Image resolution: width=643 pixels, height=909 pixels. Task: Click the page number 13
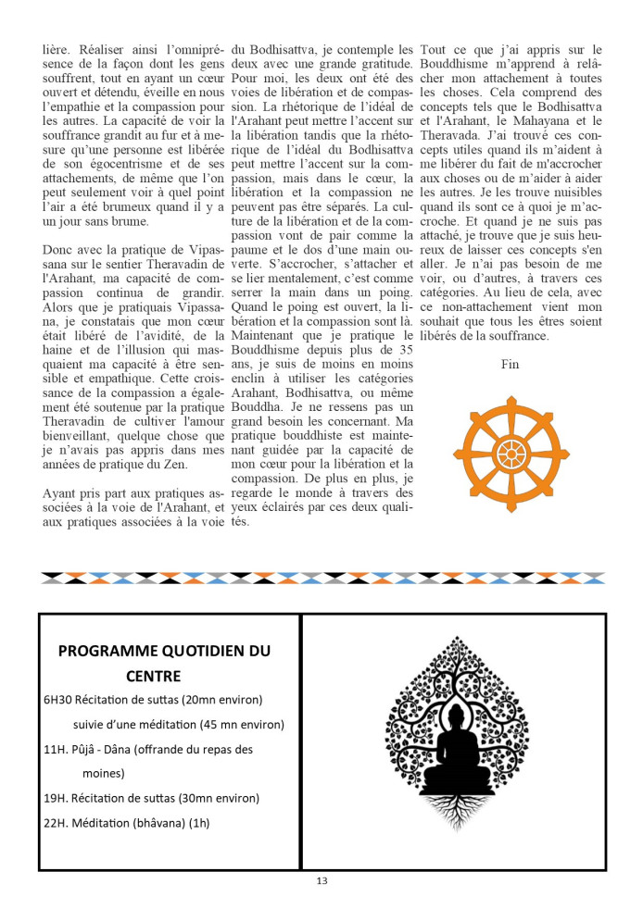tap(321, 880)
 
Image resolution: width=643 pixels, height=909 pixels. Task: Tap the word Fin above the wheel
tap(511, 364)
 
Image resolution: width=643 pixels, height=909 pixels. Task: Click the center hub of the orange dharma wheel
tap(511, 454)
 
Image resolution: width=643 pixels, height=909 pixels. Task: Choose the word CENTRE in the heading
tap(155, 676)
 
